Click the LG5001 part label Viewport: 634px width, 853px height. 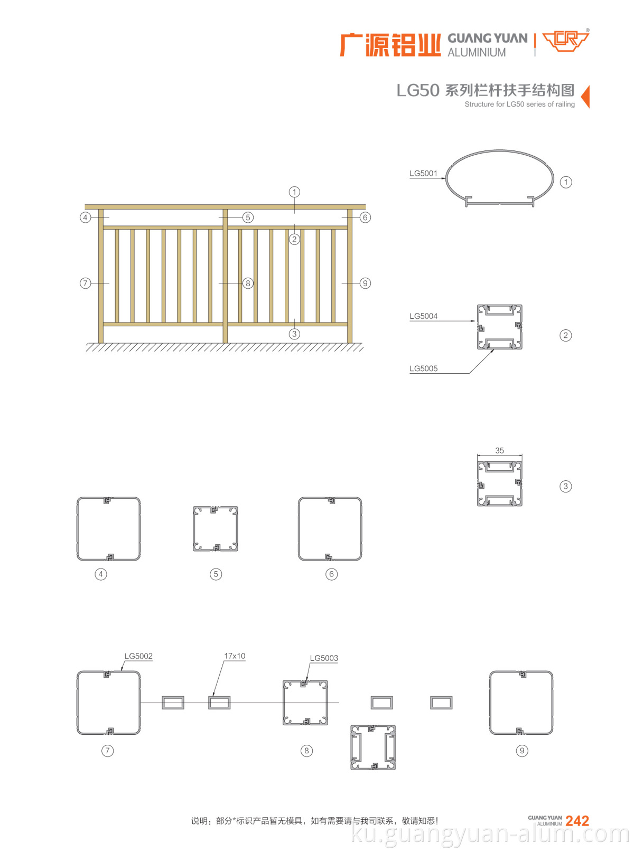point(423,173)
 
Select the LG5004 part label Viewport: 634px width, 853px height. point(423,316)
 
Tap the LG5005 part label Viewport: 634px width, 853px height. point(423,368)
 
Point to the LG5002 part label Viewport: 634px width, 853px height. point(138,656)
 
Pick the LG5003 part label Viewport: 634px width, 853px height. point(324,658)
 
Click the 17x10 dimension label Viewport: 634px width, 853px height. point(235,656)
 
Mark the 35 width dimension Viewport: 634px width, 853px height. point(499,451)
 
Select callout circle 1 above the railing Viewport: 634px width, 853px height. point(294,192)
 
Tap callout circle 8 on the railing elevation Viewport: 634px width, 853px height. point(248,283)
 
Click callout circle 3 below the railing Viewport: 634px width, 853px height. point(294,334)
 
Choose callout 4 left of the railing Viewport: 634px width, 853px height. point(85,217)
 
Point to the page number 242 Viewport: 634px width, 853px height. point(577,821)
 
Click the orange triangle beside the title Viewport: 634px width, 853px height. point(585,97)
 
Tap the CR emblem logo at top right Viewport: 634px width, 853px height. point(566,41)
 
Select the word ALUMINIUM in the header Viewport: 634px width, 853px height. point(477,53)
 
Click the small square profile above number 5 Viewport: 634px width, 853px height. point(216,529)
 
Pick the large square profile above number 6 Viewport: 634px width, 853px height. point(330,529)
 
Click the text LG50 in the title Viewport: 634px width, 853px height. point(418,91)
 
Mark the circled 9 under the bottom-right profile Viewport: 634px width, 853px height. point(522,751)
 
